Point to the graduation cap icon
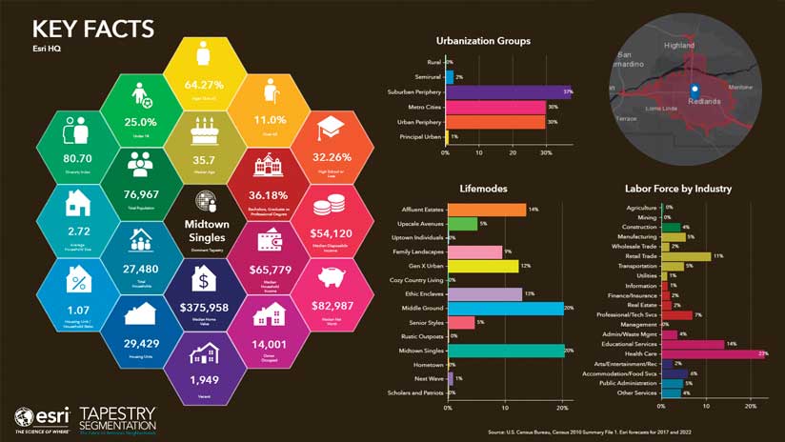coord(331,131)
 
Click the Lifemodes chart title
coord(482,190)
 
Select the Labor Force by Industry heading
coord(677,190)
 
